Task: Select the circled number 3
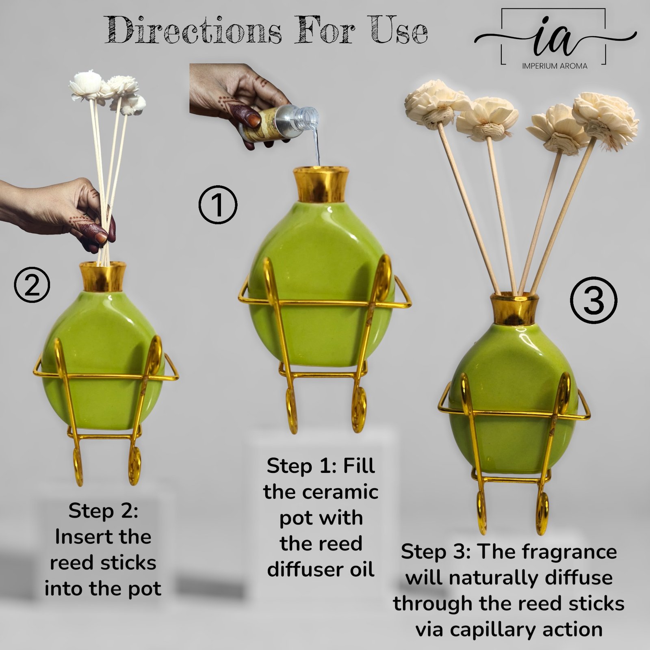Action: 593,300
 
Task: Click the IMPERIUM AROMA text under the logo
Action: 555,66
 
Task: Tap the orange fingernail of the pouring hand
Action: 254,120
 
